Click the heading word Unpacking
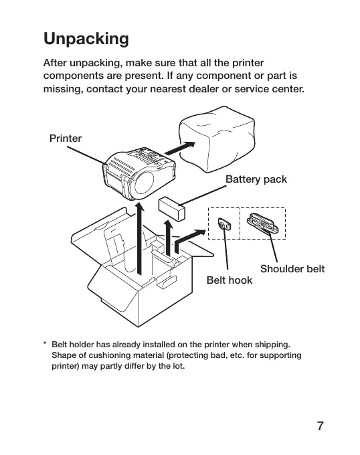pyautogui.click(x=86, y=39)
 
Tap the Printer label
pyautogui.click(x=66, y=139)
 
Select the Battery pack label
pyautogui.click(x=256, y=179)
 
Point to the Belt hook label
pyautogui.click(x=229, y=280)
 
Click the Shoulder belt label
pyautogui.click(x=292, y=269)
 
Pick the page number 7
pyautogui.click(x=320, y=426)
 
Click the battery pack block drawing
pyautogui.click(x=172, y=209)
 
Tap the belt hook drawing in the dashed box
pyautogui.click(x=225, y=223)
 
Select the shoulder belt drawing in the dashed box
pyautogui.click(x=263, y=223)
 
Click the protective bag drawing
pyautogui.click(x=217, y=139)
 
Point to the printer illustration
pyautogui.click(x=139, y=173)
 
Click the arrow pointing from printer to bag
pyautogui.click(x=180, y=148)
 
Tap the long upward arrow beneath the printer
pyautogui.click(x=140, y=238)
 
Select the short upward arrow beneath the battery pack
pyautogui.click(x=168, y=238)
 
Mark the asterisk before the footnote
pyautogui.click(x=45, y=344)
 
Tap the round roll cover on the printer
pyautogui.click(x=144, y=183)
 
